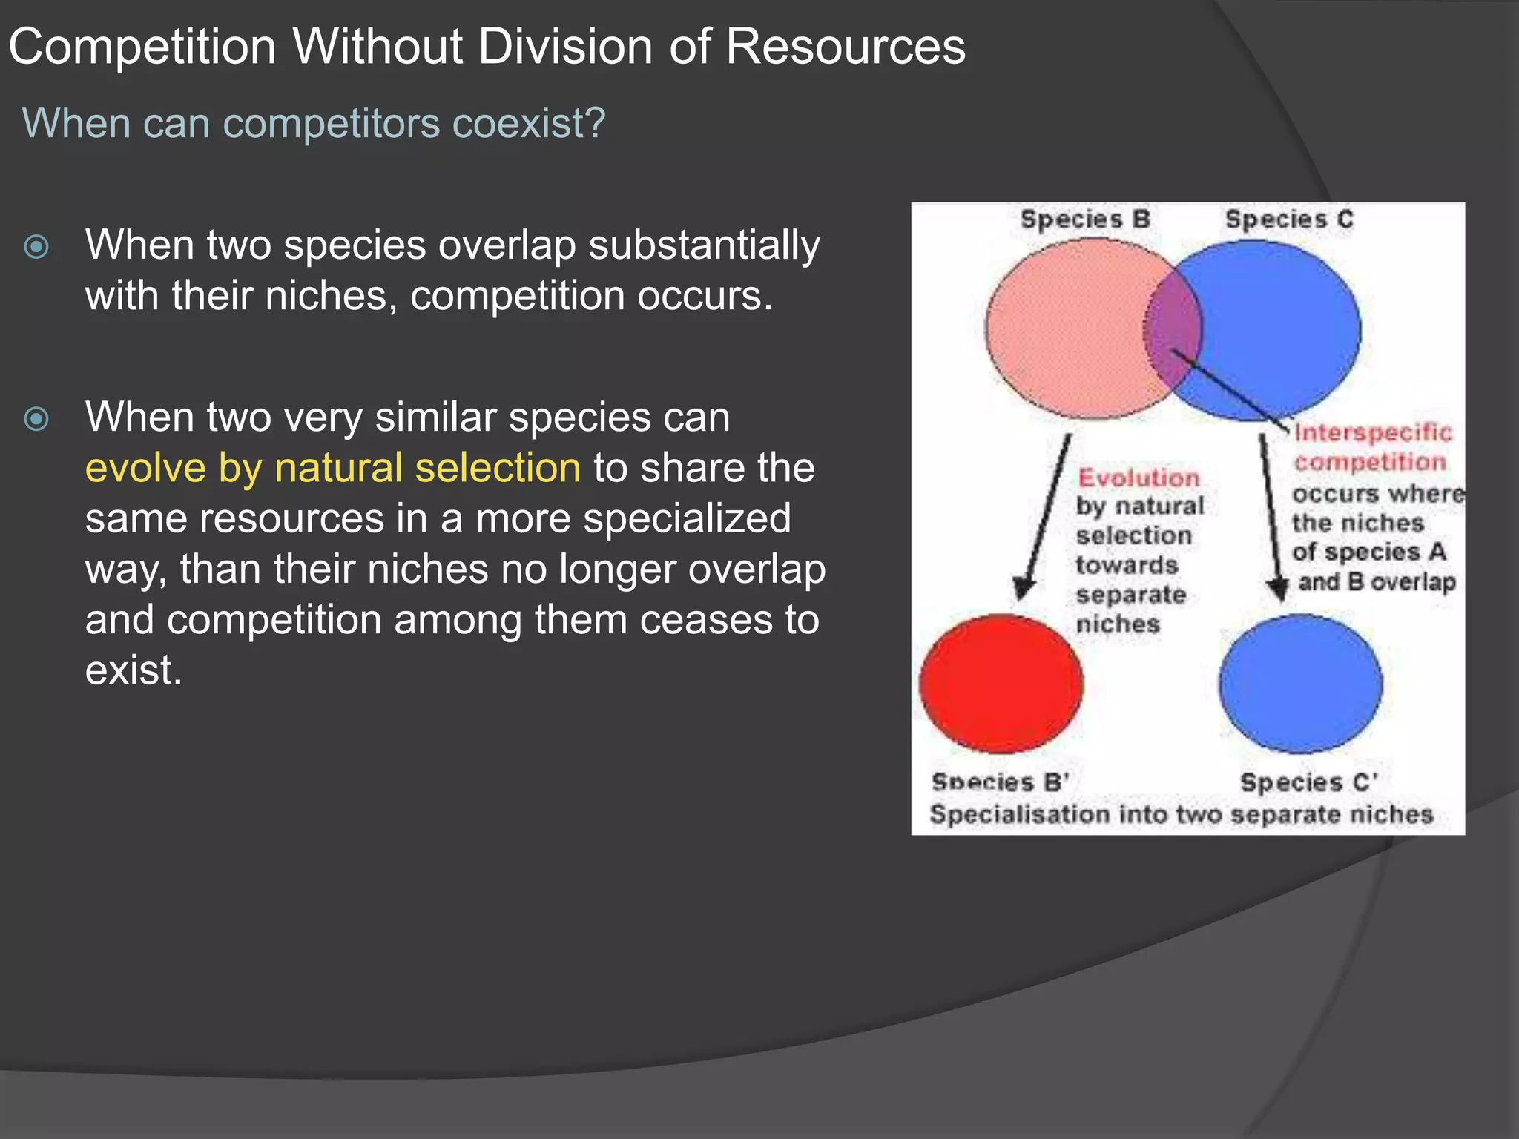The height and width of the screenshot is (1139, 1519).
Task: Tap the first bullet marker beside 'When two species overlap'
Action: tap(36, 246)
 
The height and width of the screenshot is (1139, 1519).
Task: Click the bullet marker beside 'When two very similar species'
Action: tap(36, 419)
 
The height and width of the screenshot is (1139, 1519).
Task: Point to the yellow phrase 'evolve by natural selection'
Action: tap(332, 468)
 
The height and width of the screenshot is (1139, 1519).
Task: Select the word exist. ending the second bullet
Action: tap(134, 670)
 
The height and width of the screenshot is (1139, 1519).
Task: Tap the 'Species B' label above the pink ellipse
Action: tap(1085, 219)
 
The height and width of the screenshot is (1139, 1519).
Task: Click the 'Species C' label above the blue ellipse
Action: tap(1289, 219)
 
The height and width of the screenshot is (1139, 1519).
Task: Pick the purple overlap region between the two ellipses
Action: tap(1173, 330)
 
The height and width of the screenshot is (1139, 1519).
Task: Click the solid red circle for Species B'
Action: tap(1001, 684)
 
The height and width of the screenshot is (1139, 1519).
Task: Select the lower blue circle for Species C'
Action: tap(1300, 684)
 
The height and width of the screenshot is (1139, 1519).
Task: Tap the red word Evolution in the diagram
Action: tap(1139, 478)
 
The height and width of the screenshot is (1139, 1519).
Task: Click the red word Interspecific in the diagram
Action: tap(1373, 433)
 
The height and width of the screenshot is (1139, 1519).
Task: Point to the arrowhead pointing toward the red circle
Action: tap(1024, 590)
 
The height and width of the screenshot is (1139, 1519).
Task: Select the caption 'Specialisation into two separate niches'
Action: tap(1181, 814)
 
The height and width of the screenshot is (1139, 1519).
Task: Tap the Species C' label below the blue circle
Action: tap(1308, 782)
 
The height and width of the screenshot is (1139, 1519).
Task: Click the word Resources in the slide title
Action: tap(846, 47)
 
